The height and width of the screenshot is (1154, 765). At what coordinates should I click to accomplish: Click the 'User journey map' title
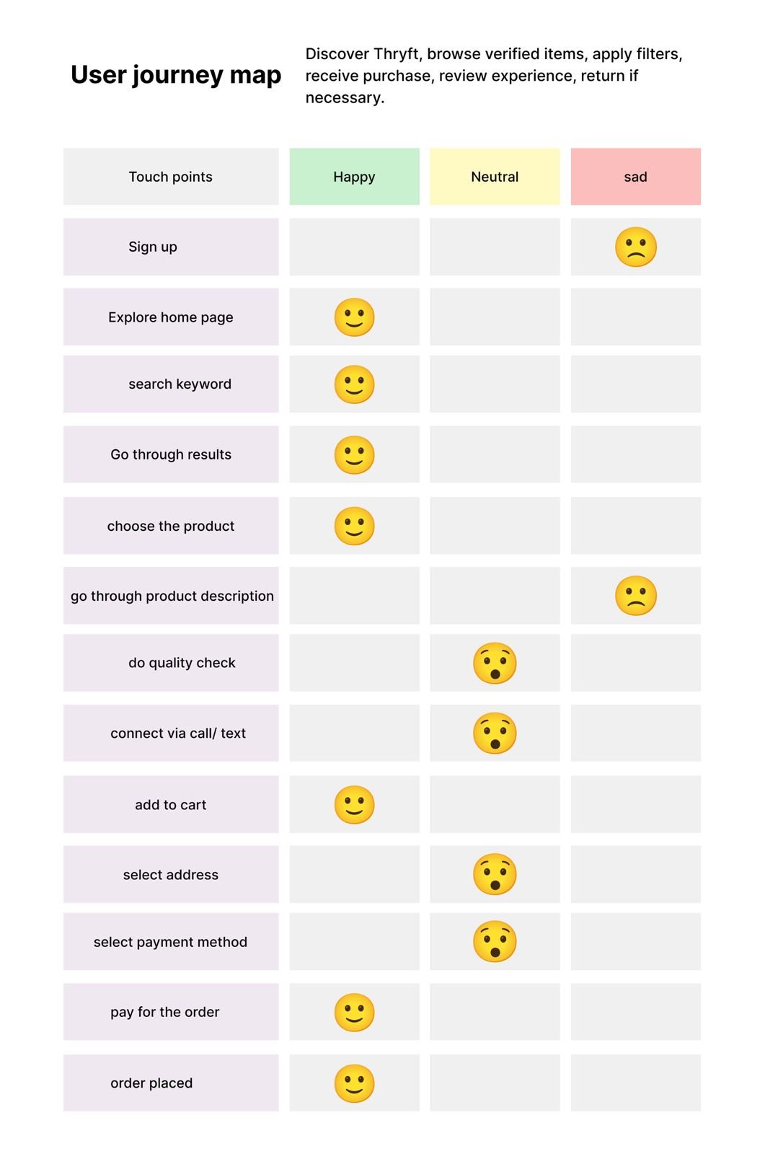tap(175, 75)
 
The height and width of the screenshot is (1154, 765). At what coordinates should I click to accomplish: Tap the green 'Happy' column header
tap(354, 177)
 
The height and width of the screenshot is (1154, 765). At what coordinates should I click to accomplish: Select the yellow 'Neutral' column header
tap(495, 177)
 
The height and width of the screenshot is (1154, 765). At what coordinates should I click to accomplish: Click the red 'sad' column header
tap(635, 177)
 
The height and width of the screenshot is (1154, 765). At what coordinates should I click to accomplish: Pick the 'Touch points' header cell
tap(171, 177)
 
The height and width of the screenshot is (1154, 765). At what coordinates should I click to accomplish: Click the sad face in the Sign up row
tap(635, 247)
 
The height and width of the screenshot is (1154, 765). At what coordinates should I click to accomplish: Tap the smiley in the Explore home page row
tap(354, 317)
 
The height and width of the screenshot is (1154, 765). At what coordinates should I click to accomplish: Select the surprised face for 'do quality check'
tap(495, 663)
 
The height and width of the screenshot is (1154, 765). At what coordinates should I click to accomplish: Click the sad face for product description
tap(635, 596)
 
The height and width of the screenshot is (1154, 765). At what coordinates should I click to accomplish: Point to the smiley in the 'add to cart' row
tap(354, 805)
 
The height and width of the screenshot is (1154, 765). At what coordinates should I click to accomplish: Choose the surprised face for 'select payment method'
tap(495, 942)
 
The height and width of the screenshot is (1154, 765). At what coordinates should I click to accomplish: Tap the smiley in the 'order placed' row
tap(354, 1083)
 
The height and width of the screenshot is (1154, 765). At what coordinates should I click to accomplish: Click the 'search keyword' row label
tap(180, 384)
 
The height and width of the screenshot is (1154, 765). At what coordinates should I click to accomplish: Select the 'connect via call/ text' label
tap(178, 734)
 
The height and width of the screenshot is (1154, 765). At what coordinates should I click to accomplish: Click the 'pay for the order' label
tap(165, 1012)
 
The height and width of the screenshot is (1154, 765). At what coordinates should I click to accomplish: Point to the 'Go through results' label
tap(171, 454)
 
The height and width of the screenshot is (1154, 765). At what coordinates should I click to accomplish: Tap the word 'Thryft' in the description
tap(396, 54)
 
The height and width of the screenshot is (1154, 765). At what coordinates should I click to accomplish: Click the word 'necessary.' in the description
tap(345, 97)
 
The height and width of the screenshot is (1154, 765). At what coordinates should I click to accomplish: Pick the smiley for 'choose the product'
tap(354, 526)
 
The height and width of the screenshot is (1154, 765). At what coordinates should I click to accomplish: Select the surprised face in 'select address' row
tap(495, 874)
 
